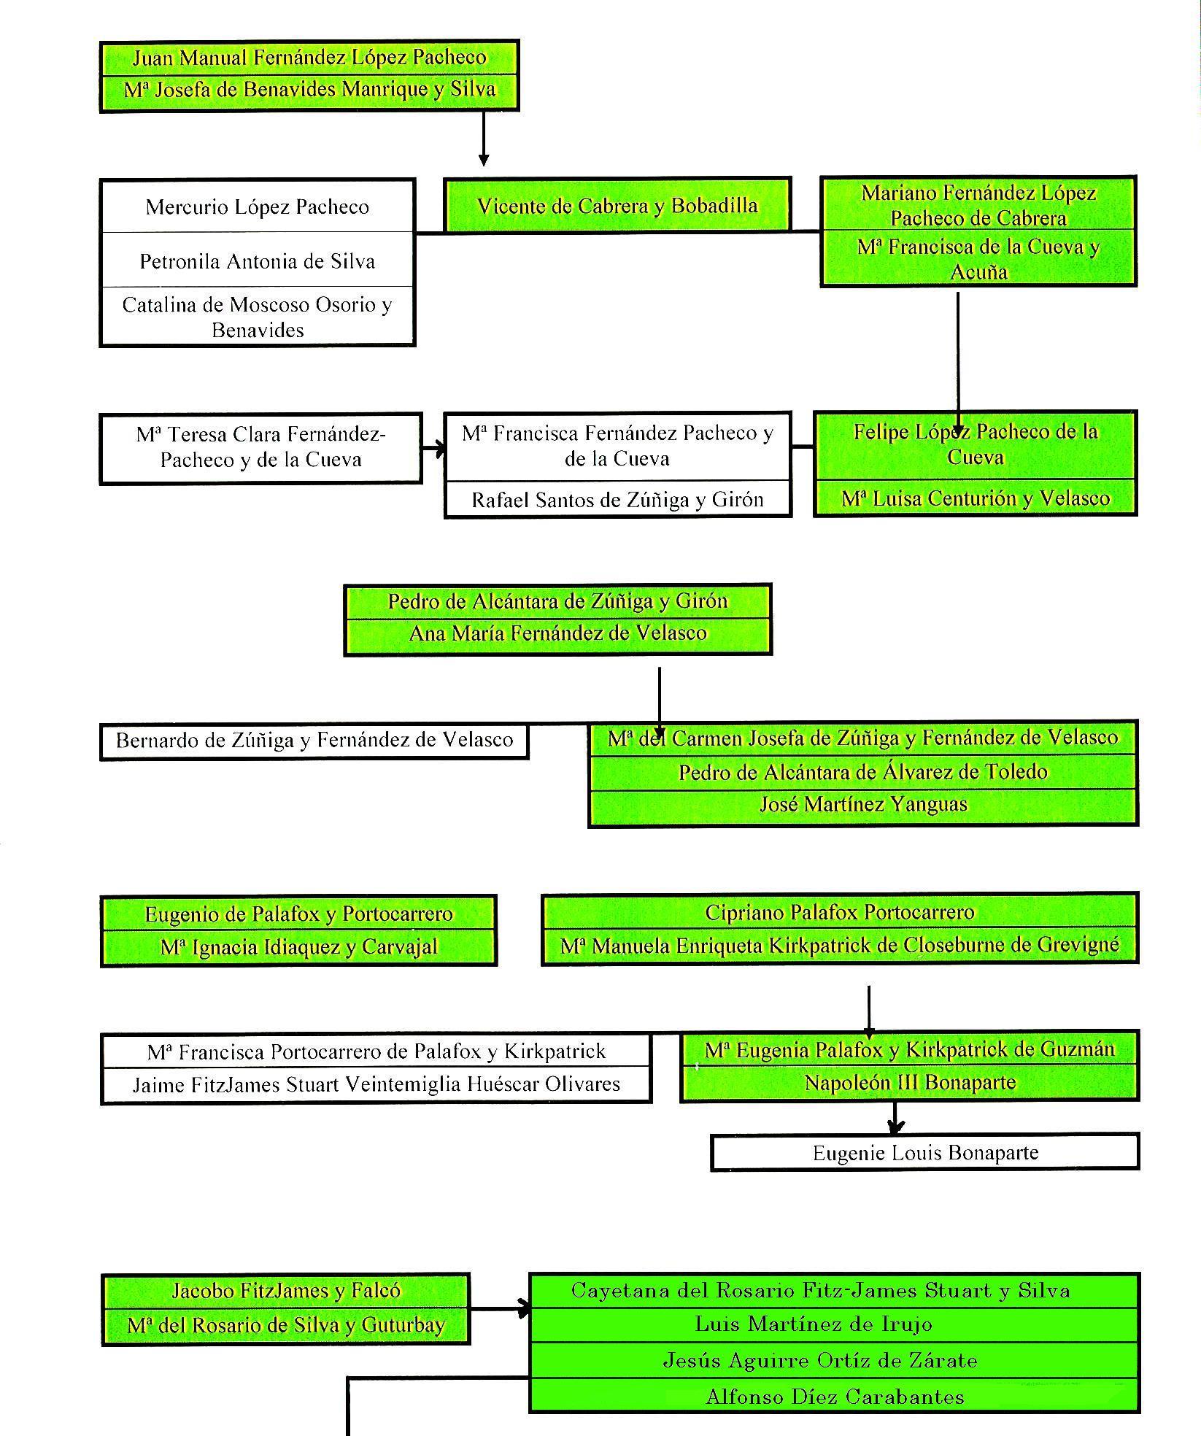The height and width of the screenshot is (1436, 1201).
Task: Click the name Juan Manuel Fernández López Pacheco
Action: point(309,58)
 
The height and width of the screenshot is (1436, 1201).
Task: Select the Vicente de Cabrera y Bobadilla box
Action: point(617,206)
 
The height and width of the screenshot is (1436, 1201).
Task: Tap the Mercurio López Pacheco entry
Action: point(257,207)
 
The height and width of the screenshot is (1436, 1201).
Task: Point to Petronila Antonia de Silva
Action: point(257,261)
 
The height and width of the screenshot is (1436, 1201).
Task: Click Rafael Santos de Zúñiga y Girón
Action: point(617,500)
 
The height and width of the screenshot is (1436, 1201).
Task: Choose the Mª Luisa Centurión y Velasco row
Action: point(975,498)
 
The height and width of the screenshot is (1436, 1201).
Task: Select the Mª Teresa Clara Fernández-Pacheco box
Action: point(260,447)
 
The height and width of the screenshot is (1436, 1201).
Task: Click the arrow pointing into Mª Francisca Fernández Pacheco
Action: point(438,448)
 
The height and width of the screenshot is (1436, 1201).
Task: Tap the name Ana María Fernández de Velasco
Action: point(557,633)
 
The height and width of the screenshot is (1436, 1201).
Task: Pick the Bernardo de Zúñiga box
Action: point(314,741)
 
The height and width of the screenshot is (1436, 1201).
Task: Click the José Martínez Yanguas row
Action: point(863,805)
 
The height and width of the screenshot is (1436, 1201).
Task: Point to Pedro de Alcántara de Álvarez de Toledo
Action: point(863,772)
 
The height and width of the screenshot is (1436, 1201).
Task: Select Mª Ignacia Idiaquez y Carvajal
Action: point(298,947)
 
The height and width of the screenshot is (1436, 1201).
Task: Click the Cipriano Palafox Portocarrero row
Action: point(839,913)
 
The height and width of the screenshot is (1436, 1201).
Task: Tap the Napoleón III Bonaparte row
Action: point(909,1083)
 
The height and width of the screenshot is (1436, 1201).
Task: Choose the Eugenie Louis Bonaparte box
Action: point(924,1153)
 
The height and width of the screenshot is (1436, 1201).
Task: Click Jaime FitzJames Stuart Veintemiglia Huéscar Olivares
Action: point(376,1085)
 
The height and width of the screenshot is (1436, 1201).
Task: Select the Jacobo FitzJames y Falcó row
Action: point(285,1291)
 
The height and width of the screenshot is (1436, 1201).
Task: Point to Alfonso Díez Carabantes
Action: point(834,1397)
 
